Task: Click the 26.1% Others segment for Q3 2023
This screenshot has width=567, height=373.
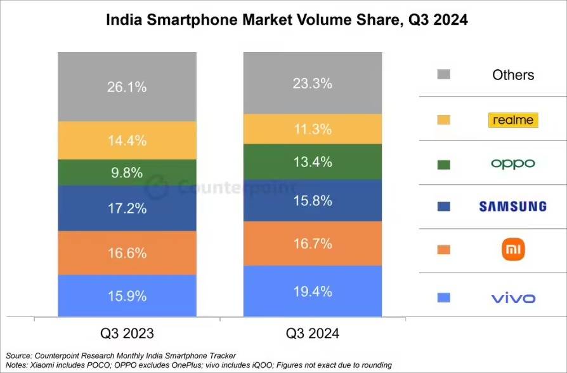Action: (127, 87)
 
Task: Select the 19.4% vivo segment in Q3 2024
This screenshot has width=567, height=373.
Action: (313, 291)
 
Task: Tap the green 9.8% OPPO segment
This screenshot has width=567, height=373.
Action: (127, 172)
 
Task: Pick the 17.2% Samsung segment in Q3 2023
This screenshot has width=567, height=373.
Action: (127, 208)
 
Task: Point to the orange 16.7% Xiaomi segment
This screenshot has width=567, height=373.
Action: (313, 243)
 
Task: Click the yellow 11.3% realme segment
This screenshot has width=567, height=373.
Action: (313, 130)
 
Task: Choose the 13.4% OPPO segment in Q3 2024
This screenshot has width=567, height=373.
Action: (313, 162)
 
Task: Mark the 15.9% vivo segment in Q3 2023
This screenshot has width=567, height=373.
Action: (127, 295)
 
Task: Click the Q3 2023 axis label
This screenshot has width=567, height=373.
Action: (127, 333)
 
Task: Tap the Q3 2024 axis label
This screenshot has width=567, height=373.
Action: (313, 333)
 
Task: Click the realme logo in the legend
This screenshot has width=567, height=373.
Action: (513, 119)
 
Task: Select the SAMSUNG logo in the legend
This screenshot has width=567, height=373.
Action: (513, 206)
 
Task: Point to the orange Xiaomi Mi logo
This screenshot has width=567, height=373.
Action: (513, 250)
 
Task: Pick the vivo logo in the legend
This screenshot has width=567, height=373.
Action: (513, 298)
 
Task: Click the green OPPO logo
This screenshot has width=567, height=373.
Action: (513, 164)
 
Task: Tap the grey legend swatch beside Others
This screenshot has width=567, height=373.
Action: (444, 75)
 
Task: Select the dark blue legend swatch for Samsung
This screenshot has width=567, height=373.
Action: (444, 206)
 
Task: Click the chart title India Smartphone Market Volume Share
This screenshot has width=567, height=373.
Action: (286, 20)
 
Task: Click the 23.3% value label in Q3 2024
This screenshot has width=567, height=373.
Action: (313, 83)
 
